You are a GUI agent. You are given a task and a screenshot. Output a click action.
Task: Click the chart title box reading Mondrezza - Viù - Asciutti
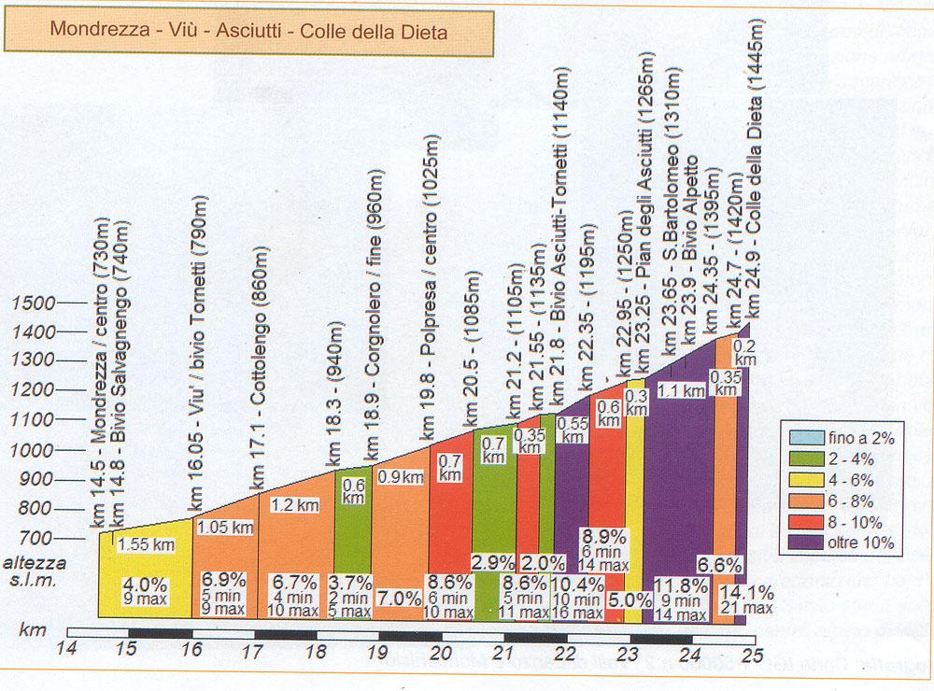click(249, 31)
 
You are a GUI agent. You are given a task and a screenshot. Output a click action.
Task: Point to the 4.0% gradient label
click(146, 586)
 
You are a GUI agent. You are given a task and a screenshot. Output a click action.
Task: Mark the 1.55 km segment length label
click(146, 544)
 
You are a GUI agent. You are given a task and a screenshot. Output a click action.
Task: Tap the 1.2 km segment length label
click(294, 504)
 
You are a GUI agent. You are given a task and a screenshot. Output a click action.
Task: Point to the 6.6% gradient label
click(720, 565)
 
